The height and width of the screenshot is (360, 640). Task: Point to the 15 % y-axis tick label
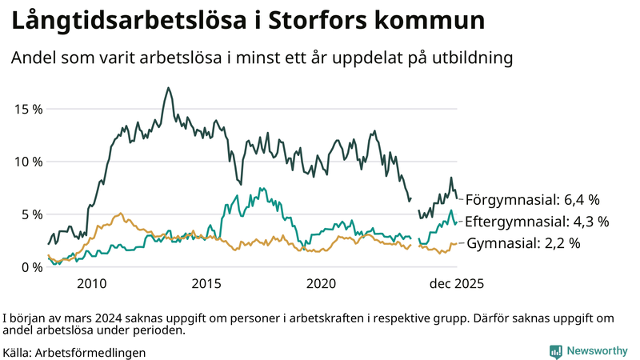27,109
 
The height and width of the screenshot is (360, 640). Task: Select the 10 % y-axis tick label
27,162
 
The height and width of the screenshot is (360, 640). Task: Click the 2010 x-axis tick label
92,284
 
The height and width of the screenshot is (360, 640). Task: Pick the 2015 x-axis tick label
206,284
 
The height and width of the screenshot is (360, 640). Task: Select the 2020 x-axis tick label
321,284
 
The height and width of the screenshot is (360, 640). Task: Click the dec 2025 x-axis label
457,284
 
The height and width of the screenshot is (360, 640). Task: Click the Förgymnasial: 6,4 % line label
533,200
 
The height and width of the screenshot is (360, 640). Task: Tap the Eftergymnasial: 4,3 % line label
537,222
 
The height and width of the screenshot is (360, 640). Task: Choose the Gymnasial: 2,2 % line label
523,243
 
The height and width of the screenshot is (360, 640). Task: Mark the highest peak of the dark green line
168,88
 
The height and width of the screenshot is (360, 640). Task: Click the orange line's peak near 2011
120,214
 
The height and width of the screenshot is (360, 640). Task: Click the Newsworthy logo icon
555,351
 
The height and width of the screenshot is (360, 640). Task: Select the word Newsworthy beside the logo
596,351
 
